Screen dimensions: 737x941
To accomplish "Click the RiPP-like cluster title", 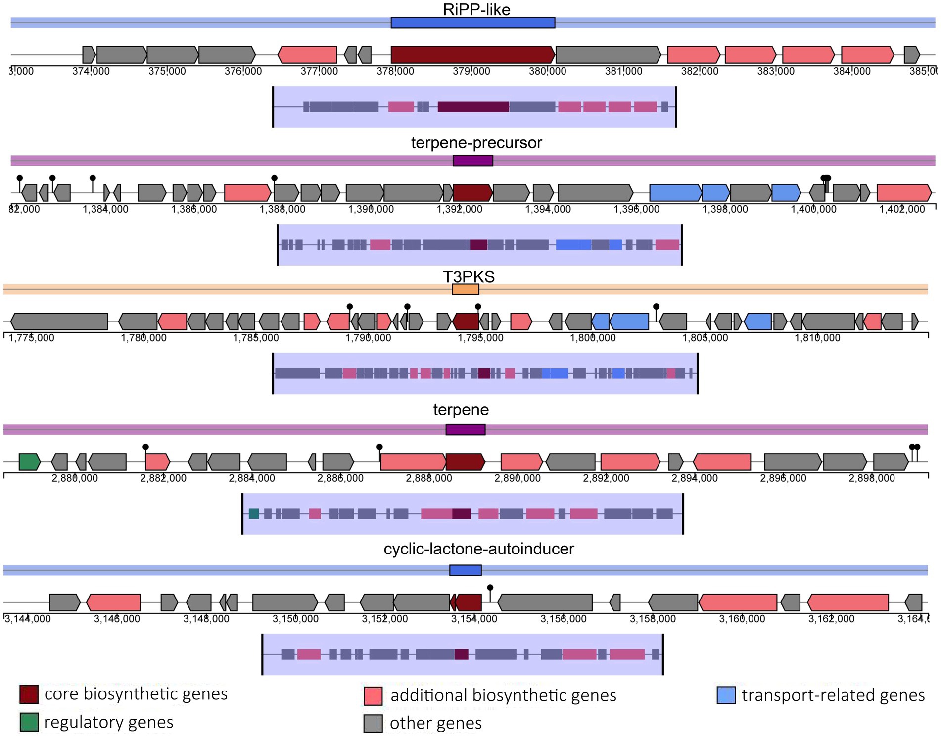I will coord(476,9).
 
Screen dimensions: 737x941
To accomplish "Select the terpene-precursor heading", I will coord(476,143).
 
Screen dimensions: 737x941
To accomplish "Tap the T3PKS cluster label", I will coord(468,276).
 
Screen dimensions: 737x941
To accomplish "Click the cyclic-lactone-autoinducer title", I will coord(478,549).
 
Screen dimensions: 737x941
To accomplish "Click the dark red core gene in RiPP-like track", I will coord(472,55).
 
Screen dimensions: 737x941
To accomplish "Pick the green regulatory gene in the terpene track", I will coord(29,462).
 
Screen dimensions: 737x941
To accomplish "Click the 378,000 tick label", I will coord(395,71).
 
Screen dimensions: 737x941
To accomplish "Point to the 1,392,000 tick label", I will coord(459,209).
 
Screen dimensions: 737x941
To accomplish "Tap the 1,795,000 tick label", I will coord(480,338).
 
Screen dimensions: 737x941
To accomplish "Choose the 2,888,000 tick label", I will coord(429,478).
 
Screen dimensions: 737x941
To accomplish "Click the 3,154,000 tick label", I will coord(474,619).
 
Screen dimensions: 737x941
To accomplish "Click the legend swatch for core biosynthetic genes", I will coord(29,694).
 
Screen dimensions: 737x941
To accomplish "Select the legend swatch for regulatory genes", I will coord(29,722).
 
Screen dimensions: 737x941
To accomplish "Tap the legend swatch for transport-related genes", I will coord(726,695).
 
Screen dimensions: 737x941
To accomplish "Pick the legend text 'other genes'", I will coord(435,723).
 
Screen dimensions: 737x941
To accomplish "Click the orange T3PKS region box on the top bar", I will coord(465,289).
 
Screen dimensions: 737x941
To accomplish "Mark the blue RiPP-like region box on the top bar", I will coord(472,23).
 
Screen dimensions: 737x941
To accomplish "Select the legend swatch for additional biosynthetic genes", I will coord(373,695).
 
